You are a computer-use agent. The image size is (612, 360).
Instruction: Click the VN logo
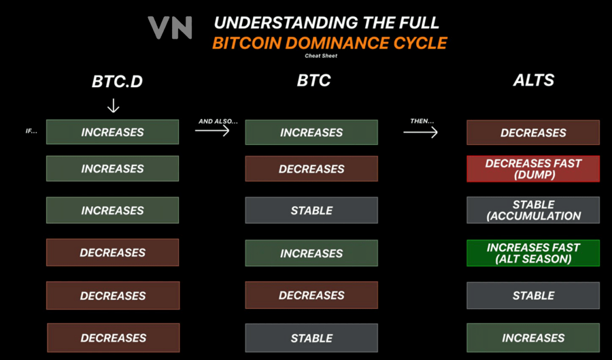click(x=170, y=27)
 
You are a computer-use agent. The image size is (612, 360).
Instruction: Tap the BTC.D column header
click(x=118, y=82)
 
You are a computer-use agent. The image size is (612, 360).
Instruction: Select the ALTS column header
click(x=533, y=80)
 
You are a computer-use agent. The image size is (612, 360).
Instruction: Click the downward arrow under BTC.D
click(x=114, y=105)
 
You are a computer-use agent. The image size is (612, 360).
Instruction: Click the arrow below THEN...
click(x=420, y=132)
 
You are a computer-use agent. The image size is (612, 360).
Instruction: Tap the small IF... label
click(x=31, y=131)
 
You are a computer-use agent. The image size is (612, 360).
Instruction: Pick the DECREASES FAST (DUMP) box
click(x=533, y=169)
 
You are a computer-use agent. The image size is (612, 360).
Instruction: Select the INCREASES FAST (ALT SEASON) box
click(x=533, y=253)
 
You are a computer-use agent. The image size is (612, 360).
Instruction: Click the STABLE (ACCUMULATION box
click(x=533, y=210)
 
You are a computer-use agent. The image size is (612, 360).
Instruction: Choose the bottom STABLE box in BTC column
click(x=311, y=338)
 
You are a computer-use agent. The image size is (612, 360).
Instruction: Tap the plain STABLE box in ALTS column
click(x=533, y=296)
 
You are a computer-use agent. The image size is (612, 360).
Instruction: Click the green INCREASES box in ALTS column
click(x=533, y=338)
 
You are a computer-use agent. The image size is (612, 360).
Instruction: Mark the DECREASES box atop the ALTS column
click(x=533, y=133)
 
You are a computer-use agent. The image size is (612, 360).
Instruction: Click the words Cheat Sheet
click(x=321, y=56)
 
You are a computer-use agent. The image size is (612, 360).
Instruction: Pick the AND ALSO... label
click(x=218, y=121)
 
